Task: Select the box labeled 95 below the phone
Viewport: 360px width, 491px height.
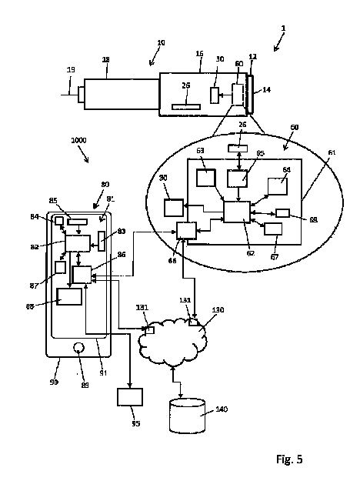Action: point(129,397)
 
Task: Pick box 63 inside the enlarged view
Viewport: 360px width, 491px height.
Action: point(206,177)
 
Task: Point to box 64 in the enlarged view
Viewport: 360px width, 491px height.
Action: point(278,185)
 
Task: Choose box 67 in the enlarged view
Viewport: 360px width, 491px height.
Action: point(273,228)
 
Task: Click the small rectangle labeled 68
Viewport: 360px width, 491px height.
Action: point(282,212)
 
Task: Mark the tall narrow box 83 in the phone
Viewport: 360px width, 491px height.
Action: point(102,241)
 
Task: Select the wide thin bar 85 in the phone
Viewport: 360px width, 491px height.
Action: point(77,222)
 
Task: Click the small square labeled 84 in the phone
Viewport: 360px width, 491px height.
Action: point(59,221)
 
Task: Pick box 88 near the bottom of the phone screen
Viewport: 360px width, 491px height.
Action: point(69,297)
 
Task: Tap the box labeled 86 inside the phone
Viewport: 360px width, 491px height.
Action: point(82,276)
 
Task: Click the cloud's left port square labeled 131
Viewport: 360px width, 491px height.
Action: point(150,330)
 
